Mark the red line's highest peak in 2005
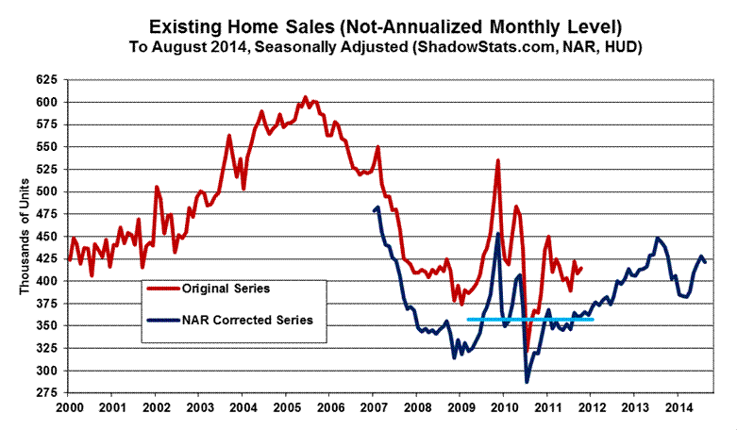point(305,96)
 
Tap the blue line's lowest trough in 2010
point(527,382)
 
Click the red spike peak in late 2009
point(497,161)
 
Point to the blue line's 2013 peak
point(657,238)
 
